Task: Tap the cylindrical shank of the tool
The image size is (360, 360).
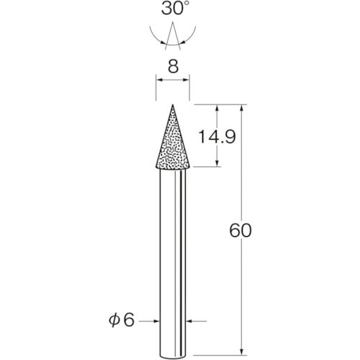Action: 173,252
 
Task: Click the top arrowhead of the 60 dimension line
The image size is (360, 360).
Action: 246,107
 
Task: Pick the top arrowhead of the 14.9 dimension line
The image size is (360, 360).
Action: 217,107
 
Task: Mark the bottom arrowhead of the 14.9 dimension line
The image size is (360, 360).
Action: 217,164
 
